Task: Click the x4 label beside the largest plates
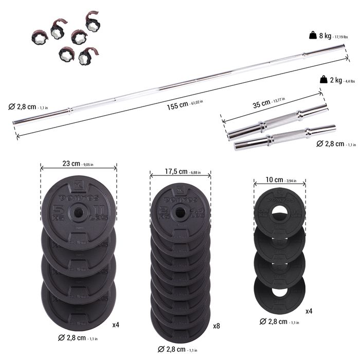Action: click(x=116, y=325)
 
